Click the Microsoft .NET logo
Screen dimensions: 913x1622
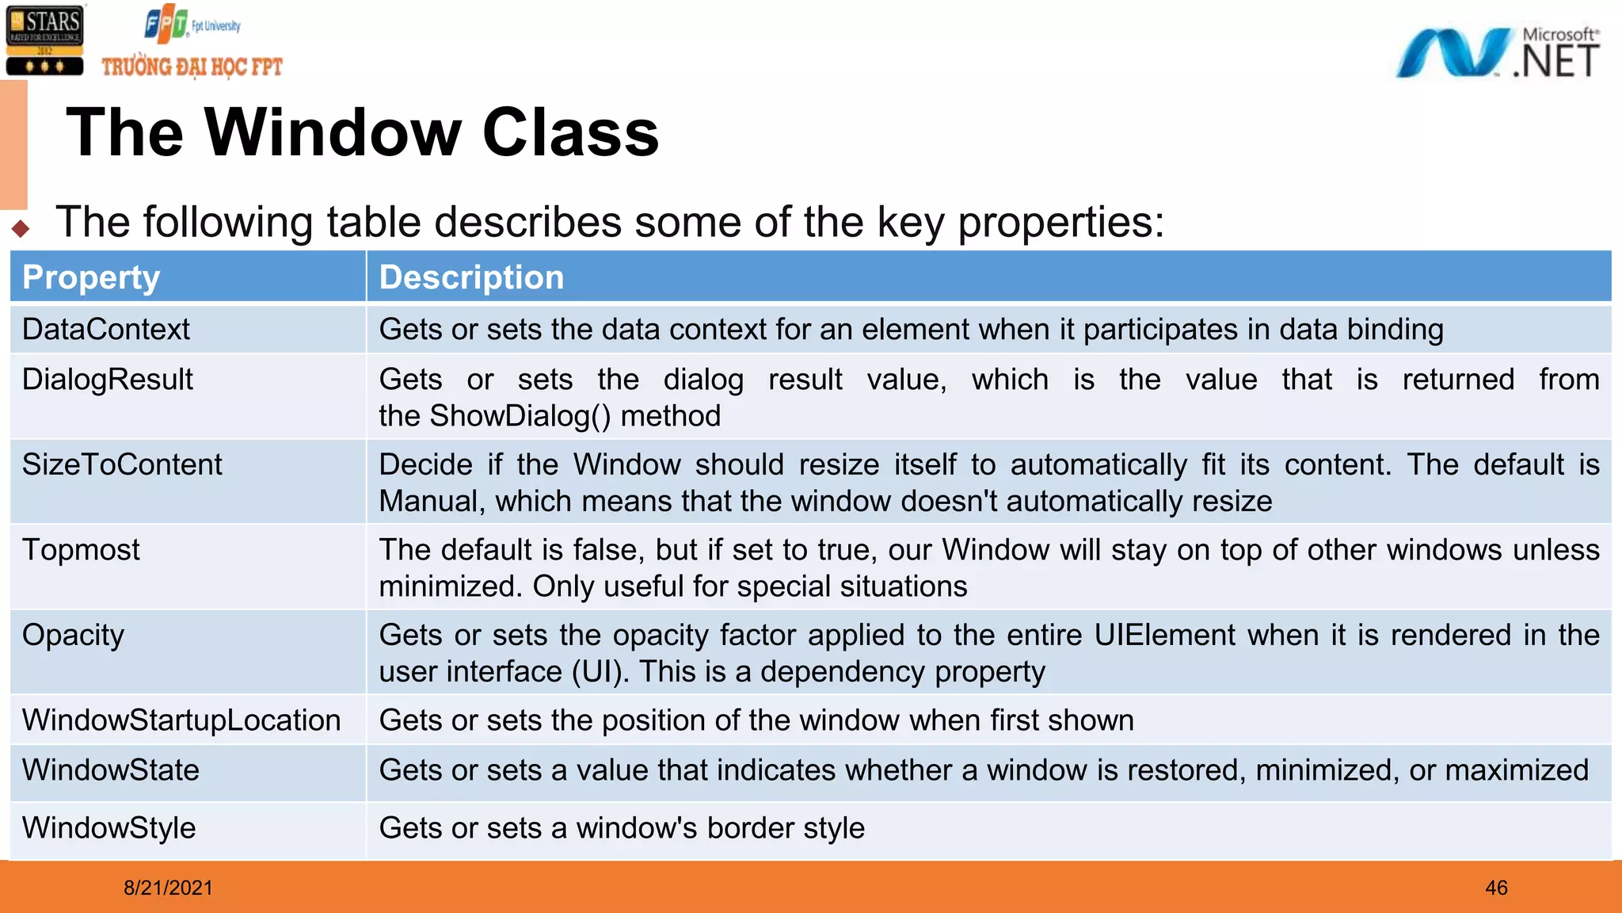pyautogui.click(x=1497, y=52)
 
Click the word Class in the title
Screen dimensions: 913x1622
pyautogui.click(x=570, y=132)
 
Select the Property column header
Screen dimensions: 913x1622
pyautogui.click(x=91, y=277)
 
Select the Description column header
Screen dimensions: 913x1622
pyautogui.click(x=471, y=277)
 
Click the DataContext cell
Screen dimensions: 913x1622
pyautogui.click(x=106, y=329)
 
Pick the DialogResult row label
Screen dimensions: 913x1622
pyautogui.click(x=108, y=380)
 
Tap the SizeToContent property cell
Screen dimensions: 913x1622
pyautogui.click(x=122, y=464)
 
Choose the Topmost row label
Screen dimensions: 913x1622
pyautogui.click(x=81, y=550)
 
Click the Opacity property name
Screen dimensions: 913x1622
pyautogui.click(x=74, y=636)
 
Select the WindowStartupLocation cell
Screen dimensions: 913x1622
pyautogui.click(x=181, y=720)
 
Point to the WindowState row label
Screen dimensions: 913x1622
pyautogui.click(x=111, y=770)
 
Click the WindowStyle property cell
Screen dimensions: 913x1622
pyautogui.click(x=109, y=828)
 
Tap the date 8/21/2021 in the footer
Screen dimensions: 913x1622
pyautogui.click(x=168, y=888)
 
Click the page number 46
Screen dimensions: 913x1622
pyautogui.click(x=1496, y=888)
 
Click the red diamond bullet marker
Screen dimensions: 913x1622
pyautogui.click(x=21, y=229)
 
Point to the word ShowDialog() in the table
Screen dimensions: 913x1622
pyautogui.click(x=520, y=416)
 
